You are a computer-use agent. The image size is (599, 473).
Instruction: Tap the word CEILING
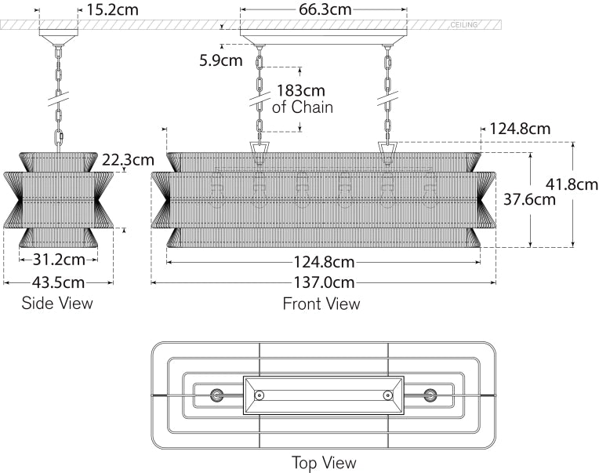(464, 25)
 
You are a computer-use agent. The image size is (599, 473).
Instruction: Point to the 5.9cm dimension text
(220, 60)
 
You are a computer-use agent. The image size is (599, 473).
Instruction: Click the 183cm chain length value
(302, 91)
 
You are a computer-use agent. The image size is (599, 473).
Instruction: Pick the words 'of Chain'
(302, 107)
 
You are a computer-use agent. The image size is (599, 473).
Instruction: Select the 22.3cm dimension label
(128, 160)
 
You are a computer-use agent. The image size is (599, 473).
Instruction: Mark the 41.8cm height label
(572, 184)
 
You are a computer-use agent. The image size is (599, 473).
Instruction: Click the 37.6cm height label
(529, 199)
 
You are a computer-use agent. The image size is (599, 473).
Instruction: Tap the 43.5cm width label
(58, 281)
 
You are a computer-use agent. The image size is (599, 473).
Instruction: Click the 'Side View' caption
(56, 303)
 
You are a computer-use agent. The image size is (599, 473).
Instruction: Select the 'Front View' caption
(321, 304)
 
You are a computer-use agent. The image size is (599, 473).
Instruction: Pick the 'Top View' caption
(323, 463)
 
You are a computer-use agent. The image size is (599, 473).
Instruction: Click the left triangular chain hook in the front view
(259, 150)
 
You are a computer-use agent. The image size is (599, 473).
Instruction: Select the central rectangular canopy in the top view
(323, 395)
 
